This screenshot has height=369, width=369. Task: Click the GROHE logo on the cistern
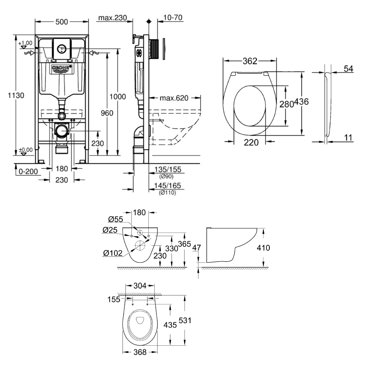(x=62, y=69)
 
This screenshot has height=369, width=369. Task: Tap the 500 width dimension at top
(x=62, y=22)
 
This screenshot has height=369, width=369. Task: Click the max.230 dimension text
(x=113, y=17)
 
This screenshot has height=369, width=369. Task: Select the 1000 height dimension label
(x=118, y=96)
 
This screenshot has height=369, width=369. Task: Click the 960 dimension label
(x=107, y=113)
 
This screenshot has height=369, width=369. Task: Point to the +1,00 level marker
(x=25, y=43)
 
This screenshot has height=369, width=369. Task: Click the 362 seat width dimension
(x=250, y=61)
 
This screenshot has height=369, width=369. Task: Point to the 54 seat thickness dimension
(x=348, y=69)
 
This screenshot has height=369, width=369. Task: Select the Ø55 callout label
(x=115, y=220)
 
